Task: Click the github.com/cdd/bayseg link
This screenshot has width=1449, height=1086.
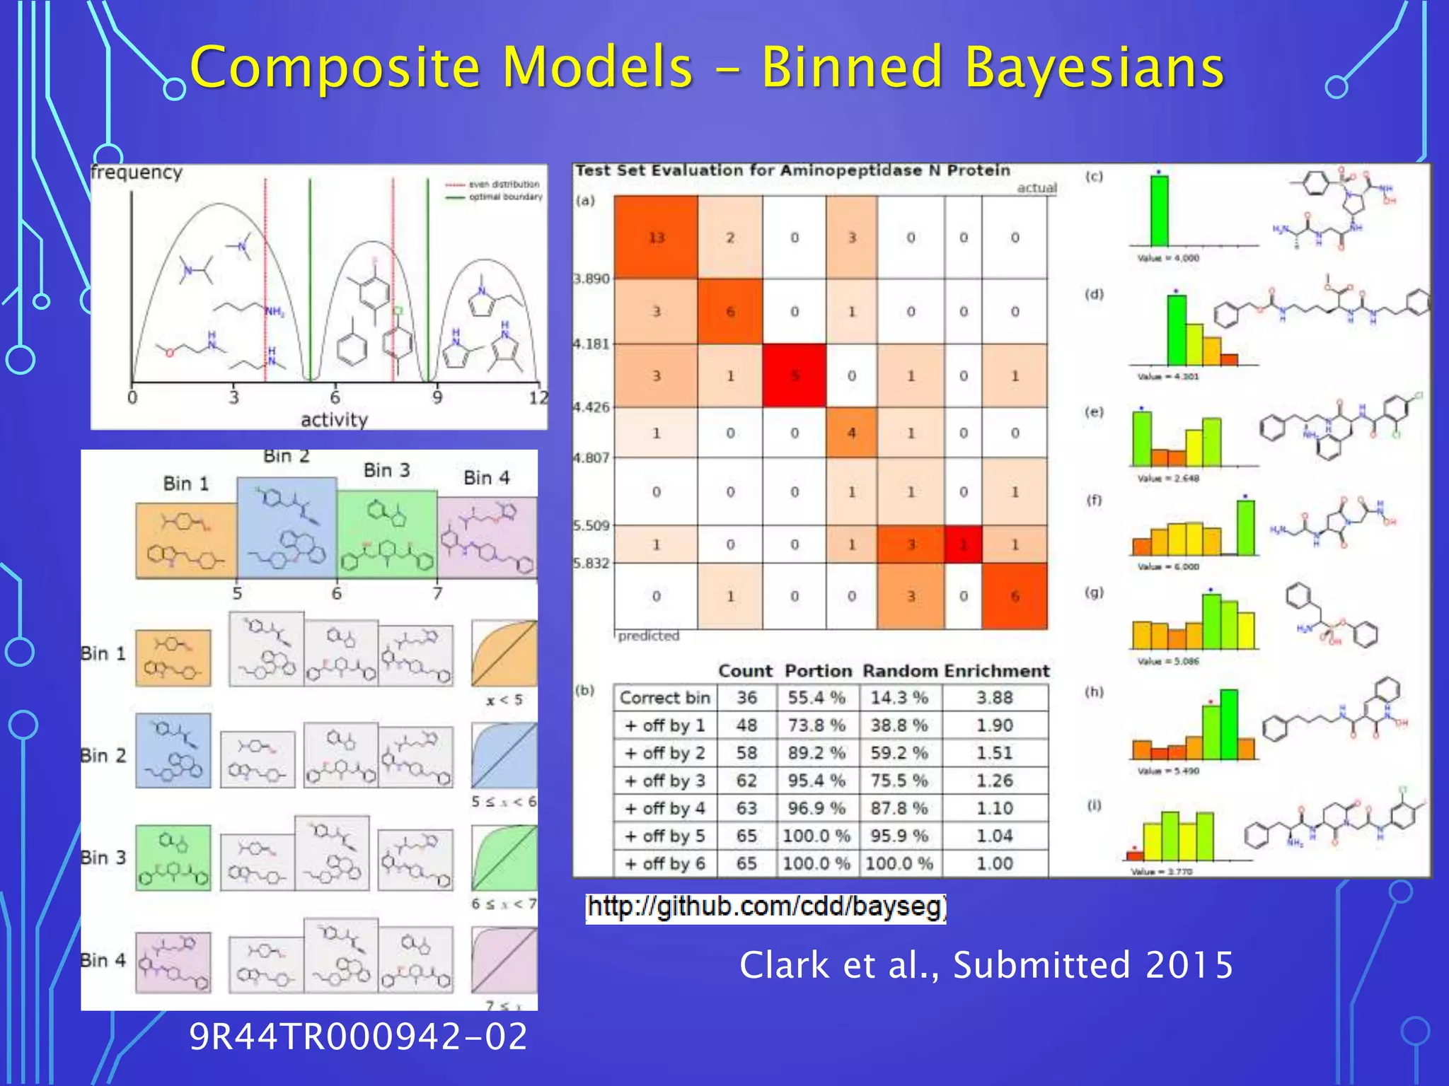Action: (x=766, y=907)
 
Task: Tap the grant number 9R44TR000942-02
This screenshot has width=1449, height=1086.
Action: (x=358, y=1037)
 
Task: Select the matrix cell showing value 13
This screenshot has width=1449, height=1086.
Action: (x=656, y=238)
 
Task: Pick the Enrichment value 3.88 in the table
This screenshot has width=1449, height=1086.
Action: (x=994, y=698)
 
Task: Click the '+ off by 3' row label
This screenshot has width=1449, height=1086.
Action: (x=664, y=781)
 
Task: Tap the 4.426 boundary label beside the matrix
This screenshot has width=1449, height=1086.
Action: (x=591, y=407)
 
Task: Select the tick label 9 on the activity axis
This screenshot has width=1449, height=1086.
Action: (x=437, y=397)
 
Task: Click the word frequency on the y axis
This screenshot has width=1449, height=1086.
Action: (x=137, y=173)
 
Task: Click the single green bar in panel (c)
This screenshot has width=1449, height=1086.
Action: (x=1159, y=211)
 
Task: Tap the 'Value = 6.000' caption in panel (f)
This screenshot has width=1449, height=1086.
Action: (x=1168, y=566)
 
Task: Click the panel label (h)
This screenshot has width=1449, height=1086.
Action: (x=1094, y=691)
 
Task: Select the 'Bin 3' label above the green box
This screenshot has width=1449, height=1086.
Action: (x=386, y=471)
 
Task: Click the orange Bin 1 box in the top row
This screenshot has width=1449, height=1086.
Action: (x=185, y=541)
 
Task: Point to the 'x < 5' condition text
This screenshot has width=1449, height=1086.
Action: (x=504, y=700)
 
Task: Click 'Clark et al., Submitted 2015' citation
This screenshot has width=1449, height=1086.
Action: (x=986, y=965)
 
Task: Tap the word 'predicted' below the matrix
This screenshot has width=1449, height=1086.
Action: (x=648, y=636)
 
